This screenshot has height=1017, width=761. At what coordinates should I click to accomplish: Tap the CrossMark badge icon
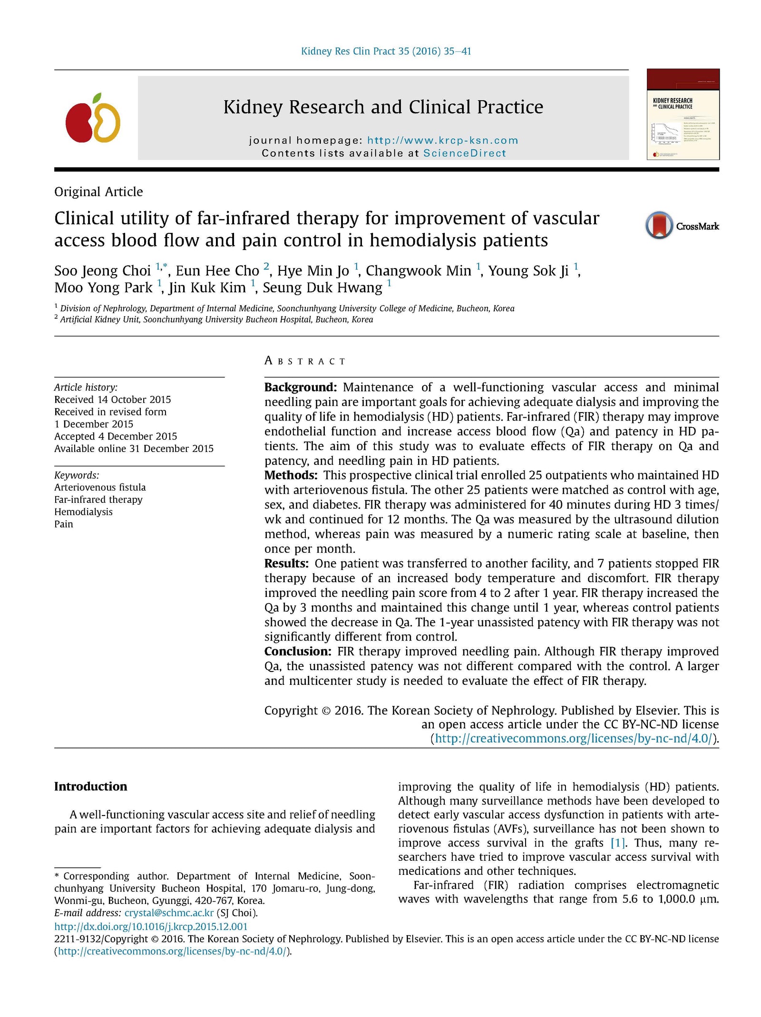[x=659, y=225]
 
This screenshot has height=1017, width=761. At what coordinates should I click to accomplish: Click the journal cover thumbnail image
[x=683, y=114]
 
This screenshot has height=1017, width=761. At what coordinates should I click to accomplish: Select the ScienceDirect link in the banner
[x=464, y=153]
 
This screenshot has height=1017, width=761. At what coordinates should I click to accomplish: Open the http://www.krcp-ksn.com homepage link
[x=442, y=140]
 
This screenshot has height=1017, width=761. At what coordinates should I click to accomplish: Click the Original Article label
[x=98, y=192]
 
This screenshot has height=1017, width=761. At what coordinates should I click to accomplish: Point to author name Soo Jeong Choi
[x=102, y=270]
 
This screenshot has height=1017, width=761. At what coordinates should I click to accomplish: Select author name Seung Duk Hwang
[x=322, y=288]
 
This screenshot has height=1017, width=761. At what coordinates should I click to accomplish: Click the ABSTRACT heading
[x=305, y=361]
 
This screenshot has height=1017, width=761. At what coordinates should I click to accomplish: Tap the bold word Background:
[x=300, y=387]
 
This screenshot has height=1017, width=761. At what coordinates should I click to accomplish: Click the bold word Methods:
[x=291, y=475]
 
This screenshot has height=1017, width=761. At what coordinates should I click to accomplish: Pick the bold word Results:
[x=286, y=563]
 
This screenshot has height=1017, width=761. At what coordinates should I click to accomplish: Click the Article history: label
[x=86, y=387]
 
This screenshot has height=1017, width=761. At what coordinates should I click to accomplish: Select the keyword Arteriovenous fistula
[x=100, y=487]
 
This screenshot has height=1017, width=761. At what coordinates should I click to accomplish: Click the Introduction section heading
[x=90, y=787]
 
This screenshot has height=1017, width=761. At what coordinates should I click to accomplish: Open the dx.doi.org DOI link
[x=151, y=926]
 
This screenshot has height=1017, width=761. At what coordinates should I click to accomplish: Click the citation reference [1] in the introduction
[x=618, y=843]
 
